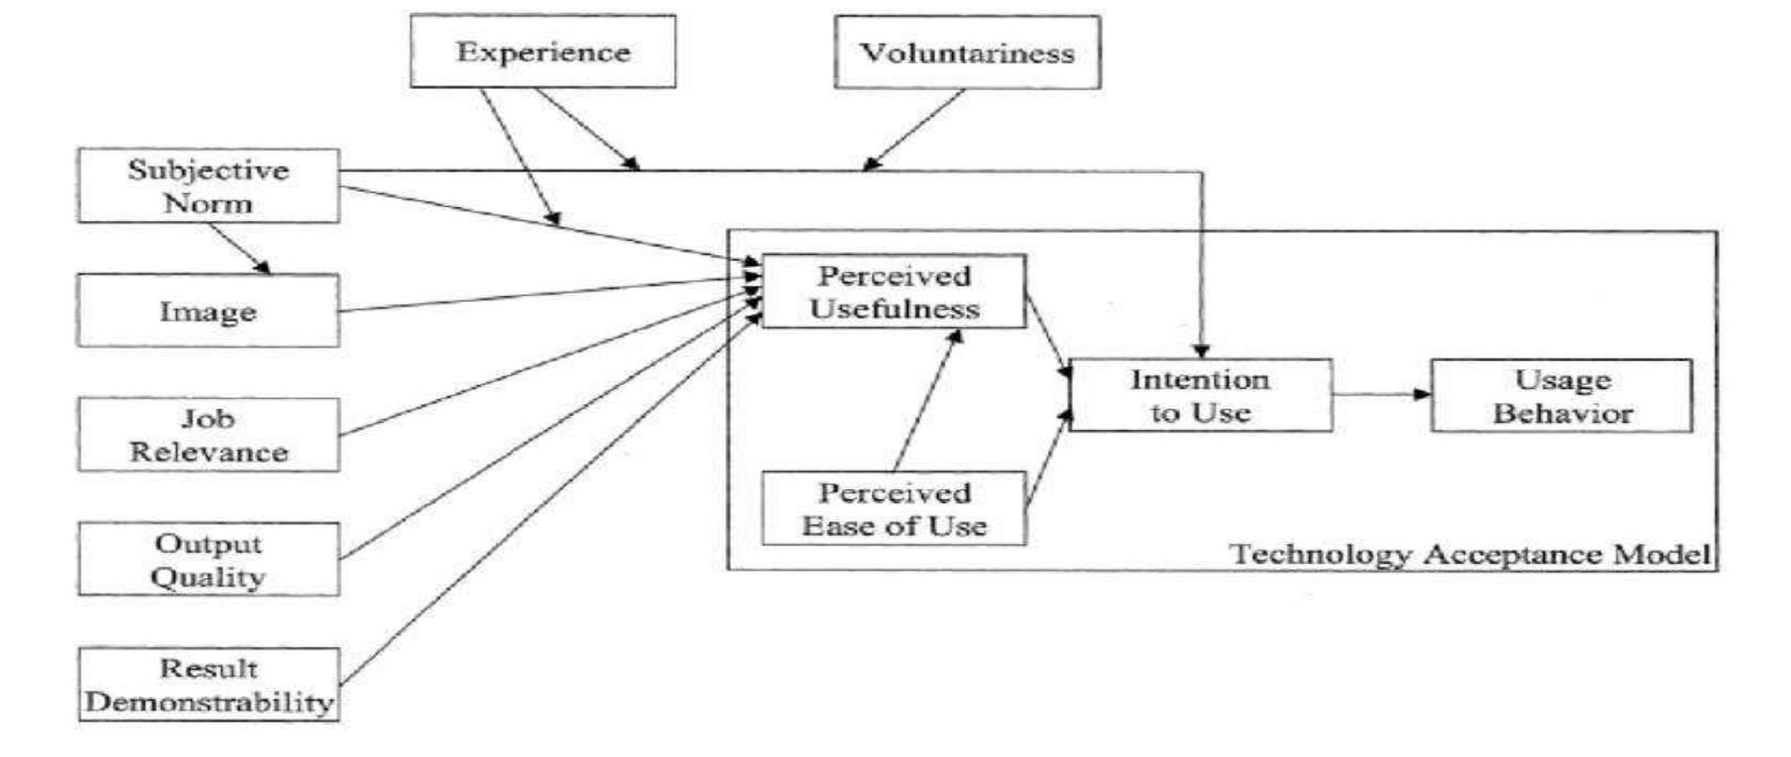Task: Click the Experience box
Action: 543,52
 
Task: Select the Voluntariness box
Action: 967,52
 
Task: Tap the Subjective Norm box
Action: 208,186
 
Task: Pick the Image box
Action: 208,311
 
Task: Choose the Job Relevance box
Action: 208,435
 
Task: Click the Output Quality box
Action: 208,559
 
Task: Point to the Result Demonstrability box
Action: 208,685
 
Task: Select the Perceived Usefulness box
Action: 894,291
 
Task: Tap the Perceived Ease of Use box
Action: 894,509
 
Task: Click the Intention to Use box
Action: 1201,395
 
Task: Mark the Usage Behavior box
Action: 1561,395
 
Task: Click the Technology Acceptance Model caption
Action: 1470,554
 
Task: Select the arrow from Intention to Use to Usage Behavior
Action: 1381,394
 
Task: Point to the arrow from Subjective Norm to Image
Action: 240,248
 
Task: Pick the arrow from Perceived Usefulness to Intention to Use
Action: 1048,335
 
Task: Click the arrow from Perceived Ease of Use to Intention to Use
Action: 1048,459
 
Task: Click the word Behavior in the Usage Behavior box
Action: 1562,413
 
